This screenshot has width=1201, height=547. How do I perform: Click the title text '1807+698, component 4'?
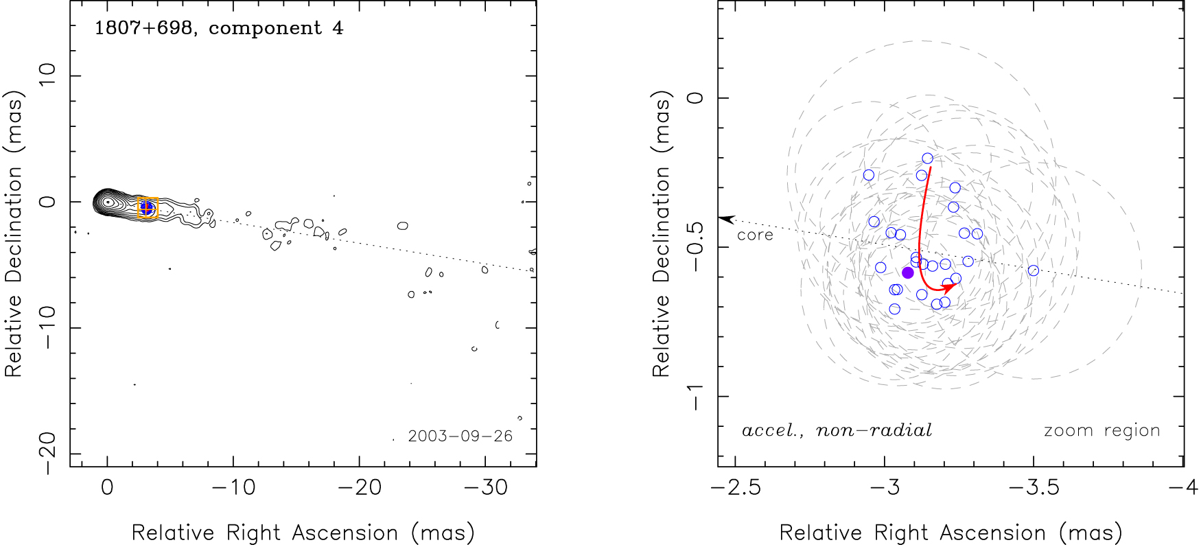pyautogui.click(x=218, y=29)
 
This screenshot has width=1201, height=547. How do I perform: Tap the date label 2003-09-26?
pyautogui.click(x=460, y=437)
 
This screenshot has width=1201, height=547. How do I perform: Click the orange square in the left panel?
pyautogui.click(x=148, y=207)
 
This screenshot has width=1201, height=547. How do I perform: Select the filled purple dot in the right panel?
pyautogui.click(x=908, y=272)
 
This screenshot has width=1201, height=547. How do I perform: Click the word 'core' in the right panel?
pyautogui.click(x=755, y=235)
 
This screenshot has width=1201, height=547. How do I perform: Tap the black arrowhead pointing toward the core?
pyautogui.click(x=726, y=220)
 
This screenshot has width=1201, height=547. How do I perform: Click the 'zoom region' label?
pyautogui.click(x=1101, y=431)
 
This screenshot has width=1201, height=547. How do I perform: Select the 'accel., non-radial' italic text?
pyautogui.click(x=837, y=431)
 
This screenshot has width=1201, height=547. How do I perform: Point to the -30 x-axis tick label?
pyautogui.click(x=486, y=488)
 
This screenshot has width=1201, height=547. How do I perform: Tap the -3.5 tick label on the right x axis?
pyautogui.click(x=1034, y=488)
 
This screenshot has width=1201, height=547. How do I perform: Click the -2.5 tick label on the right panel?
pyautogui.click(x=736, y=488)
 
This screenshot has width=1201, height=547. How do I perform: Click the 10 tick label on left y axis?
pyautogui.click(x=49, y=75)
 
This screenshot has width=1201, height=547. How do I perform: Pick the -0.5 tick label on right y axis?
pyautogui.click(x=695, y=246)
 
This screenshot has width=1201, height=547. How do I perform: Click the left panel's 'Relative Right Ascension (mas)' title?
pyautogui.click(x=303, y=533)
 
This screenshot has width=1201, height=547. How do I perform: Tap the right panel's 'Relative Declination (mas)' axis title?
pyautogui.click(x=661, y=235)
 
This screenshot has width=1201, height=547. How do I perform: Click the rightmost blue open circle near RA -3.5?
pyautogui.click(x=1034, y=270)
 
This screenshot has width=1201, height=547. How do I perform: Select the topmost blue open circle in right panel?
pyautogui.click(x=928, y=159)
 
